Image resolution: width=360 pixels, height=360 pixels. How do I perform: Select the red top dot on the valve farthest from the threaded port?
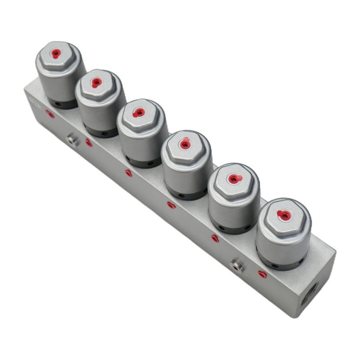click(x=56, y=53)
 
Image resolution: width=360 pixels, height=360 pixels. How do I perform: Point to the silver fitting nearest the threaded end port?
click(x=237, y=266)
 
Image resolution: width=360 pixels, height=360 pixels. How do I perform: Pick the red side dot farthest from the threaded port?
click(x=50, y=114)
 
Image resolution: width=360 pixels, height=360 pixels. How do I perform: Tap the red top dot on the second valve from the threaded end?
click(x=233, y=179)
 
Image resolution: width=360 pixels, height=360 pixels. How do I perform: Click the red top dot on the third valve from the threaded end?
click(x=184, y=144)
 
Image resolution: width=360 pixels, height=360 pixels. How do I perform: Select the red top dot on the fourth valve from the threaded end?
click(x=139, y=112)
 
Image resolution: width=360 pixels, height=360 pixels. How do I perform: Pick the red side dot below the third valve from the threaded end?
click(x=171, y=206)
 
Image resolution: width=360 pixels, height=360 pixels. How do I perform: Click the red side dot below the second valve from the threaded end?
click(x=215, y=238)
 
